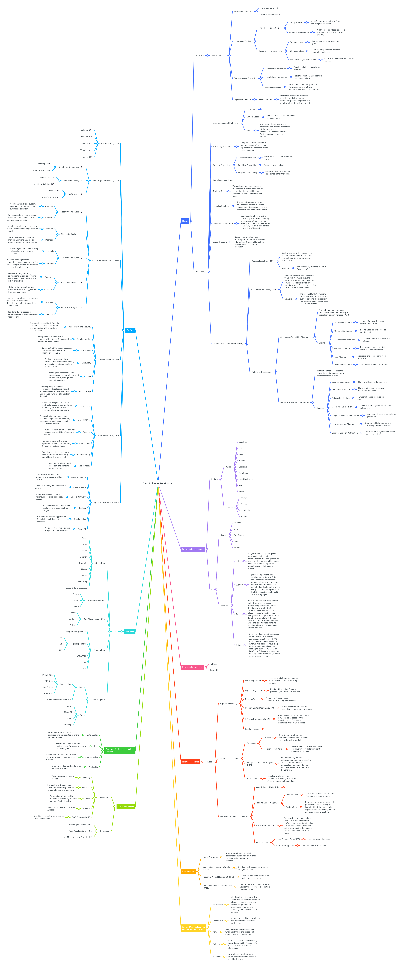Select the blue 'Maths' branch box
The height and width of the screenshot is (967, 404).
pyautogui.click(x=185, y=221)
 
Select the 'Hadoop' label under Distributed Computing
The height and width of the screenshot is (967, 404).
pyautogui.click(x=42, y=164)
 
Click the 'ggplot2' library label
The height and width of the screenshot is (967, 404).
pyautogui.click(x=239, y=584)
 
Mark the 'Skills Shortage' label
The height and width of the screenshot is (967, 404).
pyautogui.click(x=84, y=391)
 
